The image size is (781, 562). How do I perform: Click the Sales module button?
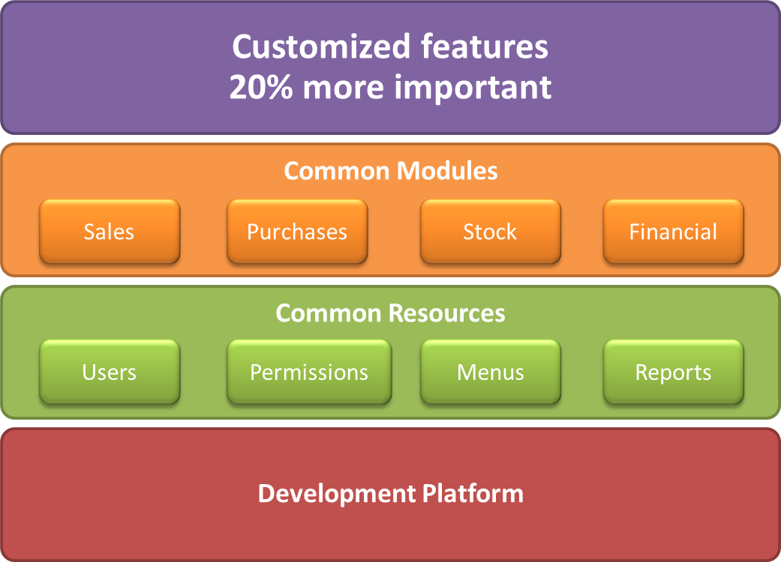110,232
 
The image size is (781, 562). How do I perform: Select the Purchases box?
297,232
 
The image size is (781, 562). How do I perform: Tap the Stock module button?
491,232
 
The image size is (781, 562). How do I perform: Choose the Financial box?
674,232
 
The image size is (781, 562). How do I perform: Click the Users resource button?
110,372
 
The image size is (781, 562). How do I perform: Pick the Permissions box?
309,372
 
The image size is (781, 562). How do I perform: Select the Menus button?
491,372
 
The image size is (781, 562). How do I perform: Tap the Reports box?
674,372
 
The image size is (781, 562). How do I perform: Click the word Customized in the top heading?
321,46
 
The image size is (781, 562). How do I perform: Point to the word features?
484,46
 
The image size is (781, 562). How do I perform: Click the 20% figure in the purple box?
261,87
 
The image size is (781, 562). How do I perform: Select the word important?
473,88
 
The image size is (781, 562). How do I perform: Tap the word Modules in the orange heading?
447,171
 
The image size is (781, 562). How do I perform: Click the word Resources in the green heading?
447,313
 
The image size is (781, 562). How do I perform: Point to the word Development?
337,495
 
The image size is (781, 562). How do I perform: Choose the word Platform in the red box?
473,493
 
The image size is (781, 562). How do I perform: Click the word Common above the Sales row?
337,171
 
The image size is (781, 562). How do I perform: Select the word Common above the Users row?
329,313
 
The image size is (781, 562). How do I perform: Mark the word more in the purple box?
343,88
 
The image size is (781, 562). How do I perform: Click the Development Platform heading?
391,495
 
